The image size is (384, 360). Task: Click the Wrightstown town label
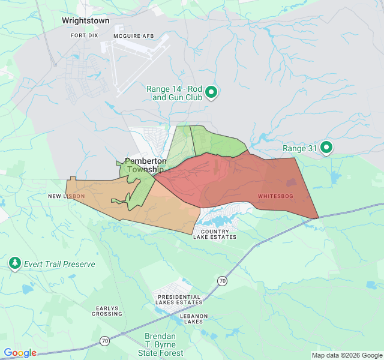click(86, 21)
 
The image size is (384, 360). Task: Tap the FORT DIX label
click(84, 36)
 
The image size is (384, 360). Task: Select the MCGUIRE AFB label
click(134, 36)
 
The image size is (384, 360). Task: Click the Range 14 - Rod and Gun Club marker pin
click(211, 92)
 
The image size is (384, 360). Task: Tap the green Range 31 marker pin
click(326, 147)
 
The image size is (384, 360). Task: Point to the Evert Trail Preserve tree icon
click(15, 263)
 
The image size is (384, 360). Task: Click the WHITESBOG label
click(276, 196)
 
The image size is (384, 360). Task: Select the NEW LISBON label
click(67, 196)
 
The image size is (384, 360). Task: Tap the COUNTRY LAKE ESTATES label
click(215, 234)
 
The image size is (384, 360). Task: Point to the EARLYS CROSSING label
click(109, 311)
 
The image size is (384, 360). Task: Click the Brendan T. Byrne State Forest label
click(164, 344)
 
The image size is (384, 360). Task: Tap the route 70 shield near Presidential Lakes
click(223, 280)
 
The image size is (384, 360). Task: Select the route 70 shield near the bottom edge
click(105, 341)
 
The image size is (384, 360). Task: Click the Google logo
click(20, 353)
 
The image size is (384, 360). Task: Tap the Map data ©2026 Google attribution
click(346, 355)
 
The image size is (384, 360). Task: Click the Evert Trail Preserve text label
click(59, 263)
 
